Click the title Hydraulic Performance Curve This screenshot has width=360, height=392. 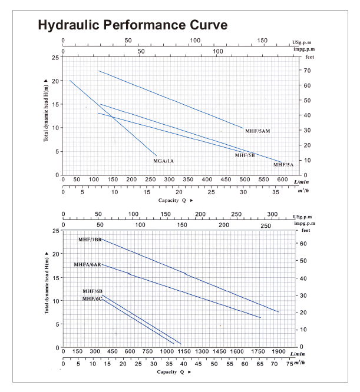click(x=133, y=26)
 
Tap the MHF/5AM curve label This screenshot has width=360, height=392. click(x=257, y=132)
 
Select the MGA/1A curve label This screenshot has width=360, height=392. click(x=164, y=161)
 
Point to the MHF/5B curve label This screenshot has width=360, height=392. click(x=245, y=155)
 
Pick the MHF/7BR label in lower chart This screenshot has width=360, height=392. click(x=90, y=240)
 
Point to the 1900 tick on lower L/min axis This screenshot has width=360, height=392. click(x=277, y=352)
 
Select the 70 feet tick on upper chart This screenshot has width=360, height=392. click(x=307, y=71)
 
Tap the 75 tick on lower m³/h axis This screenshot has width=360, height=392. click(x=289, y=364)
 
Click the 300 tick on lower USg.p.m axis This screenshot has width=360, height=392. click(x=272, y=214)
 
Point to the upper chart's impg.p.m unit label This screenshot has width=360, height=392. click(x=303, y=50)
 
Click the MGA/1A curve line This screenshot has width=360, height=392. click(x=112, y=117)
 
